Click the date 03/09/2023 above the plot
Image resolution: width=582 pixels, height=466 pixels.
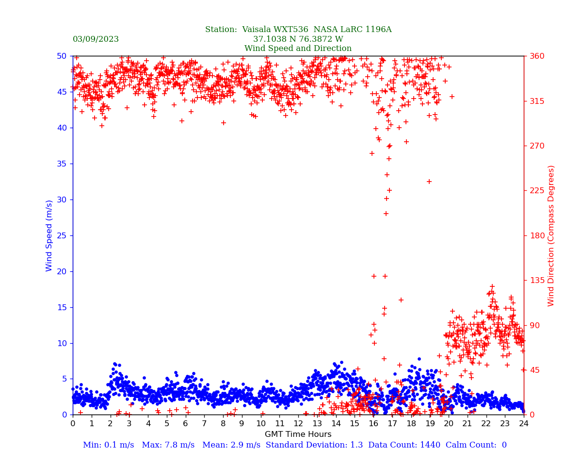(x=96, y=39)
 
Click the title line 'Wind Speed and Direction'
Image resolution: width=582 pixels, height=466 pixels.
(x=298, y=49)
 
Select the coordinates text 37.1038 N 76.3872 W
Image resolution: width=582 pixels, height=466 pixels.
(x=298, y=39)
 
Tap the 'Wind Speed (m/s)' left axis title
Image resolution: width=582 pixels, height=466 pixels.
(x=49, y=235)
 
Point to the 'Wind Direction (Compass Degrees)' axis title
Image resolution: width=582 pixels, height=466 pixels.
(x=551, y=235)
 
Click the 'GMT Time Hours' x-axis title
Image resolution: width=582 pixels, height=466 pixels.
(x=298, y=434)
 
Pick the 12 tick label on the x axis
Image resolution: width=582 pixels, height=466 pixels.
(x=298, y=424)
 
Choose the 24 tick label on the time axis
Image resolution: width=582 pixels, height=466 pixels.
(x=524, y=424)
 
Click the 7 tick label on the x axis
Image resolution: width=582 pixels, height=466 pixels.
(x=204, y=424)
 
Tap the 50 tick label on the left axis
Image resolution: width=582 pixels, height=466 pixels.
(x=62, y=56)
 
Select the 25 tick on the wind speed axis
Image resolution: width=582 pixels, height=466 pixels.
(x=62, y=235)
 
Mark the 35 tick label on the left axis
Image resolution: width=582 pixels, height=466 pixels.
(x=62, y=164)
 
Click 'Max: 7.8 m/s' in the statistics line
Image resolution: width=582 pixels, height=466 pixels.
(x=166, y=445)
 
